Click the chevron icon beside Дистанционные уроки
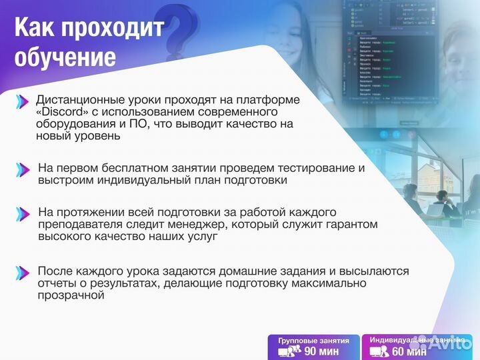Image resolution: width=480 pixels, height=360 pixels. tap(23, 101)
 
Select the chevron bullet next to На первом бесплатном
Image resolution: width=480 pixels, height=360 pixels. tap(23, 169)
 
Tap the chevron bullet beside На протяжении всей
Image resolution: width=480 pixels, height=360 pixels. tap(23, 213)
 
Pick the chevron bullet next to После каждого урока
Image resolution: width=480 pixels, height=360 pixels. tap(23, 272)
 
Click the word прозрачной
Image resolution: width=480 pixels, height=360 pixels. tap(71, 295)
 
